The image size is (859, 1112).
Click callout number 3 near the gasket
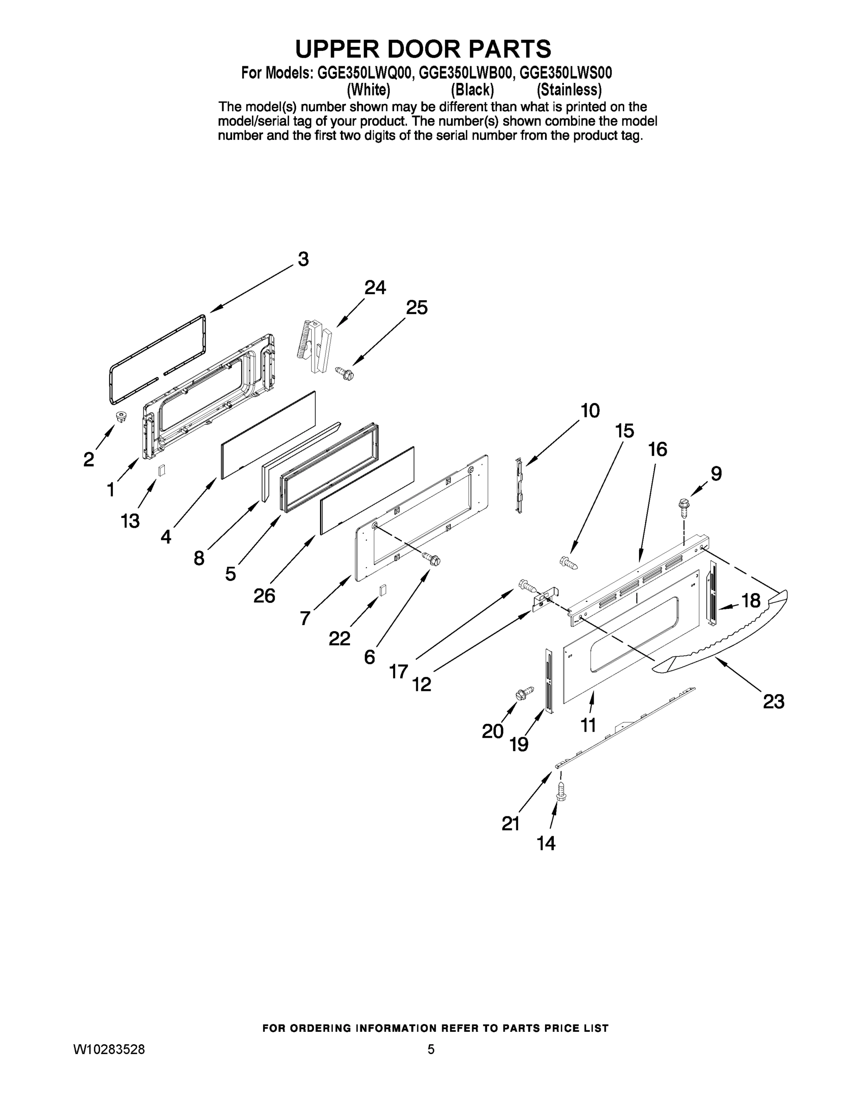pos(303,259)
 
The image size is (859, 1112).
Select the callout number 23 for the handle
pos(773,702)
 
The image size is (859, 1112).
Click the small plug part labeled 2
pos(122,417)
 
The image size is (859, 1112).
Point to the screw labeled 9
pos(683,505)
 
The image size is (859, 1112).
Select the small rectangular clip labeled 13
pos(161,470)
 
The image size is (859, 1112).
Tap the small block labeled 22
pos(382,590)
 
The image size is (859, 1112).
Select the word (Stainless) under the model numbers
pos(569,90)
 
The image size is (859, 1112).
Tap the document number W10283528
pos(109,1049)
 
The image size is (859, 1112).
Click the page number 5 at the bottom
pos(431,1049)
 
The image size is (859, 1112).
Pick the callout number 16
pos(658,449)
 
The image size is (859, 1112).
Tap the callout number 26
pos(264,596)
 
